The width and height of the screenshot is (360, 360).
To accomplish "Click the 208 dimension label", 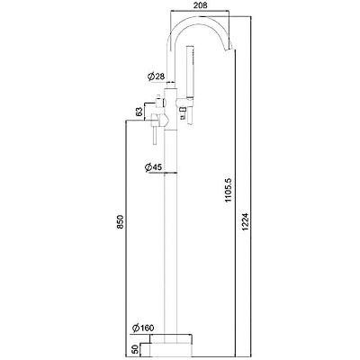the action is pyautogui.click(x=200, y=5).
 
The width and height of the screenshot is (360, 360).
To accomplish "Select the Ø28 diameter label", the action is pyautogui.click(x=157, y=76).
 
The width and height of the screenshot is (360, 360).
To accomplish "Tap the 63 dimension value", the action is pyautogui.click(x=139, y=112).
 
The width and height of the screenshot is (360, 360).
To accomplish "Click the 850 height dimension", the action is pyautogui.click(x=120, y=221).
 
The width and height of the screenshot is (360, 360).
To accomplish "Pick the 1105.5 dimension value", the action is pyautogui.click(x=229, y=190).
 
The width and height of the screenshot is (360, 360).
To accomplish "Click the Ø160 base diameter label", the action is pyautogui.click(x=143, y=328).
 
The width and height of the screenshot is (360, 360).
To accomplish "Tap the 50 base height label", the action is pyautogui.click(x=135, y=348).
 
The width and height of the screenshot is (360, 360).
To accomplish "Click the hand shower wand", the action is pyautogui.click(x=190, y=72).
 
